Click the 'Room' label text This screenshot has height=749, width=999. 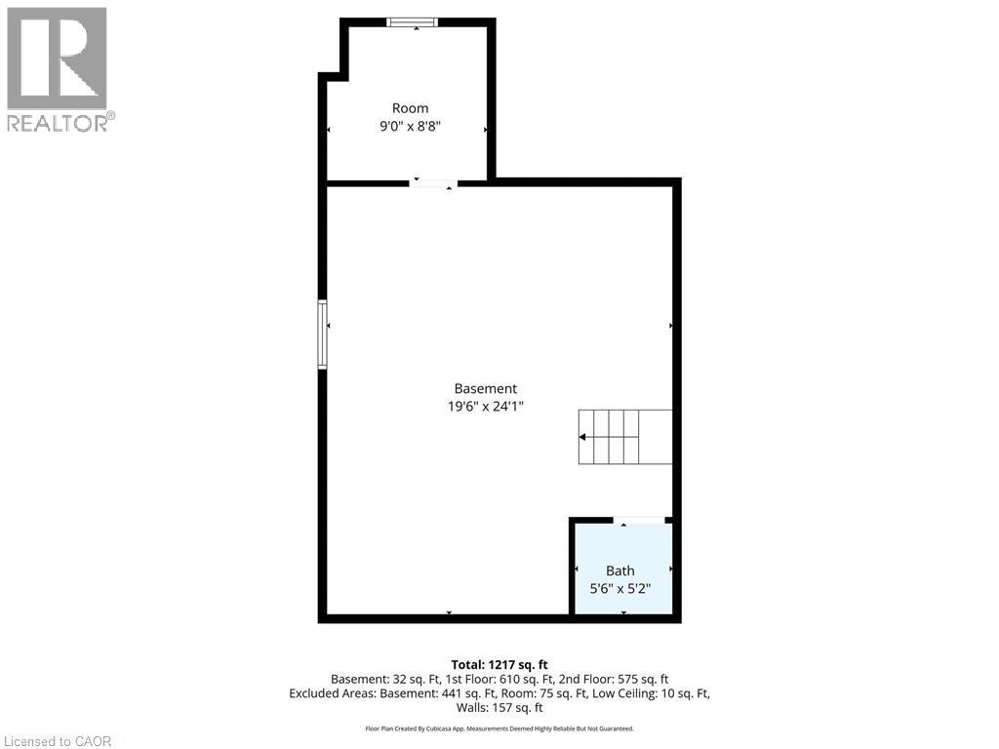click(410, 108)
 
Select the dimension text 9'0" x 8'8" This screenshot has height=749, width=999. click(410, 126)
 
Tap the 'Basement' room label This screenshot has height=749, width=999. click(486, 388)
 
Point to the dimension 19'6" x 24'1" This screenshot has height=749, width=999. click(486, 407)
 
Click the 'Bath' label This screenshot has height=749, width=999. click(619, 571)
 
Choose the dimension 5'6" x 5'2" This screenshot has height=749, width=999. click(619, 588)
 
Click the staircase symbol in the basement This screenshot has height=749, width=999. click(624, 437)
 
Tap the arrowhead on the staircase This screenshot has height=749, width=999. click(583, 437)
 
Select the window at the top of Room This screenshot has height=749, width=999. click(412, 22)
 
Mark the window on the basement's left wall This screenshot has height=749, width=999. click(322, 335)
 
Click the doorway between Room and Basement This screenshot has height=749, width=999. click(432, 182)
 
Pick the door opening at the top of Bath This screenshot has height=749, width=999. click(640, 521)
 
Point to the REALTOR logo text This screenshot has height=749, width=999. click(60, 123)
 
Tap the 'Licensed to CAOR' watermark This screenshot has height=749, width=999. click(57, 741)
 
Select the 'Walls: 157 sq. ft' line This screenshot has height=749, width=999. click(499, 708)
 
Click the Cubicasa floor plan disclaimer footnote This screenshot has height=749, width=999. click(499, 729)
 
